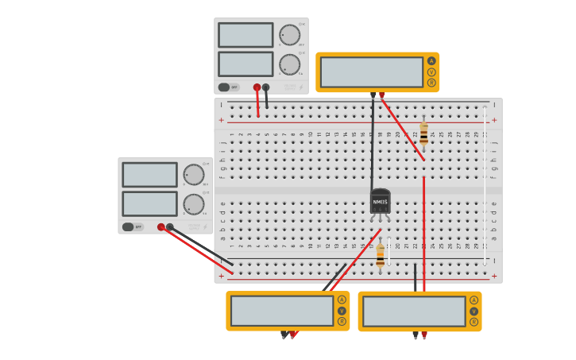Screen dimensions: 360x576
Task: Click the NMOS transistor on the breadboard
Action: coord(380,202)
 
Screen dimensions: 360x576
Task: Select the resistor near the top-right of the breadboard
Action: coord(423,134)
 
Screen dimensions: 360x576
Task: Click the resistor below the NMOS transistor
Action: coord(381,254)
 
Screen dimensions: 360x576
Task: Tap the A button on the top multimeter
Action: coord(431,61)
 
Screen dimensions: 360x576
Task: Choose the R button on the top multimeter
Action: coord(431,83)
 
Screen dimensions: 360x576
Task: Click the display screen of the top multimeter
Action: coord(372,72)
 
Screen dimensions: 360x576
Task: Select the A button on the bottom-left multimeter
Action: coord(342,300)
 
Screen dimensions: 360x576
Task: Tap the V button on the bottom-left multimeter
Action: coord(342,311)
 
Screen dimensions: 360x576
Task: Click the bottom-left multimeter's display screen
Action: coord(282,311)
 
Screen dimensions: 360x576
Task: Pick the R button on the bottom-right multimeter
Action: coord(474,322)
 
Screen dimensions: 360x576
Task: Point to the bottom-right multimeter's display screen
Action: coord(414,312)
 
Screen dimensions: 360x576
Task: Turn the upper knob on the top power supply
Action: coord(289,35)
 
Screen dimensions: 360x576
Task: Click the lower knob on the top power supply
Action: coord(289,64)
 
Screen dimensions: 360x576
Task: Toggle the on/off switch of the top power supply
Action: coord(225,87)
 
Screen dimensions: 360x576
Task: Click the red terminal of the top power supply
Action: coord(257,87)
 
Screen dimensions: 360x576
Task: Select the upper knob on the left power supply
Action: coord(193,175)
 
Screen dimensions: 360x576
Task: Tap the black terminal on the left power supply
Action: coord(170,227)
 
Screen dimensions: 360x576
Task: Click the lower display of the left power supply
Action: coord(149,203)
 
